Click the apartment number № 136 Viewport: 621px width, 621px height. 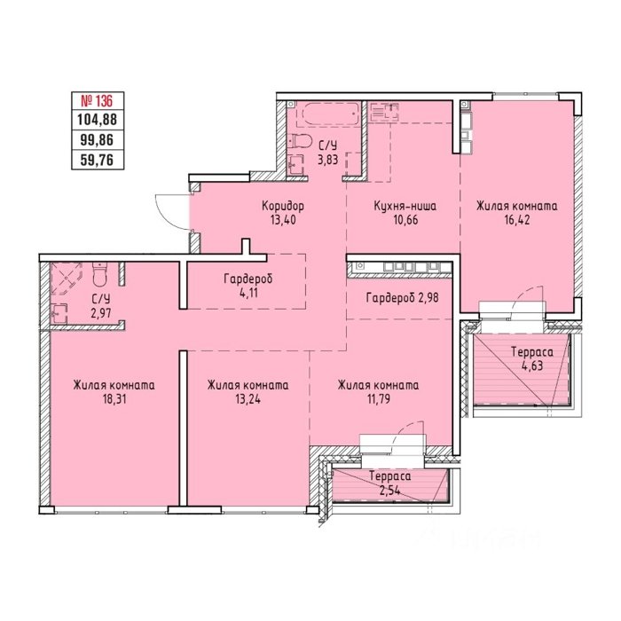(97, 101)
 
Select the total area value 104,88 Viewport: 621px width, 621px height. (97, 119)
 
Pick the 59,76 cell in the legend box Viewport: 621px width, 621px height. (97, 160)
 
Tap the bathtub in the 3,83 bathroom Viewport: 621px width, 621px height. (331, 114)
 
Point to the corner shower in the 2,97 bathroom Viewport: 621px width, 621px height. (67, 279)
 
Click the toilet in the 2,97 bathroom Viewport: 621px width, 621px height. (99, 273)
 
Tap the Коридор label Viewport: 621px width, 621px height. (283, 206)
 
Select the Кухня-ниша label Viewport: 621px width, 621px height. (405, 206)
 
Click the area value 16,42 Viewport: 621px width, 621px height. (516, 220)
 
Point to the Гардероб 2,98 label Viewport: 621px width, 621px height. (403, 297)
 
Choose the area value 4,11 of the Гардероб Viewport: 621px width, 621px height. (248, 293)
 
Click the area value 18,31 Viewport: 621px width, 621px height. (114, 399)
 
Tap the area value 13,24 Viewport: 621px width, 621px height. (248, 399)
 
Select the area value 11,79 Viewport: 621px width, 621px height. (378, 399)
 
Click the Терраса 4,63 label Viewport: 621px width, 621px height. (532, 358)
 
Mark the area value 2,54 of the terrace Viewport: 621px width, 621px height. (389, 491)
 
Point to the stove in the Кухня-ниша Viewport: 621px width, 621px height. (385, 111)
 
